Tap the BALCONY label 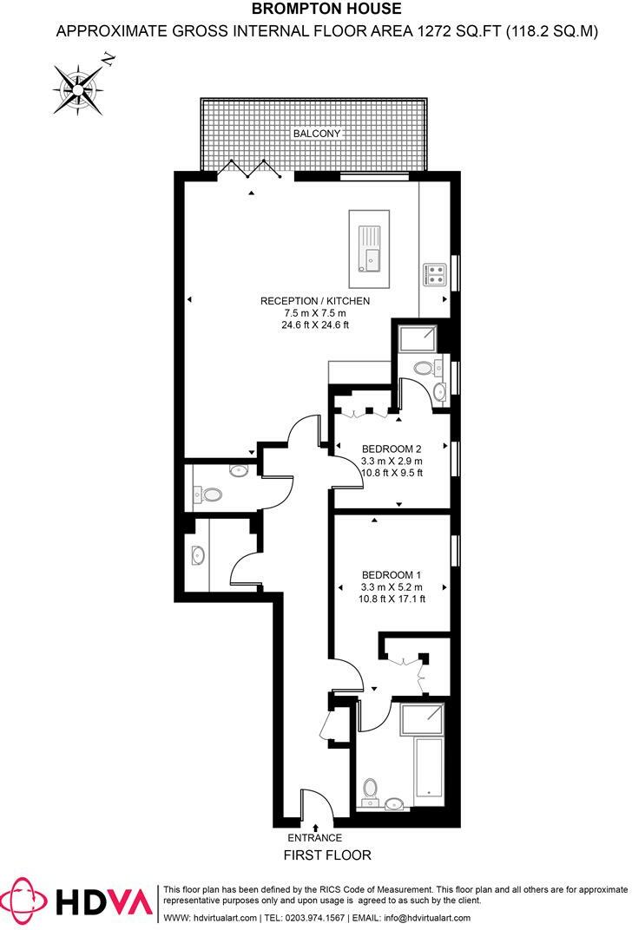pos(316,134)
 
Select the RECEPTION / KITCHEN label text pos(315,301)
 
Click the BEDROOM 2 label pos(392,449)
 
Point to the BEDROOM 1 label pos(392,574)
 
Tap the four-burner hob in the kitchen pos(434,275)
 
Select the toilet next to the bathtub pos(371,789)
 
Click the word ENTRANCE pos(315,838)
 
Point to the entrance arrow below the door pos(315,827)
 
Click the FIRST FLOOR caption pos(327,855)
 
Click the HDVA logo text pos(105,902)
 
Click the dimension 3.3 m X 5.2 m pos(392,586)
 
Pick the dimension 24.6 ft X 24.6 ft pos(315,325)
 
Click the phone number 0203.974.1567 pos(310,918)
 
